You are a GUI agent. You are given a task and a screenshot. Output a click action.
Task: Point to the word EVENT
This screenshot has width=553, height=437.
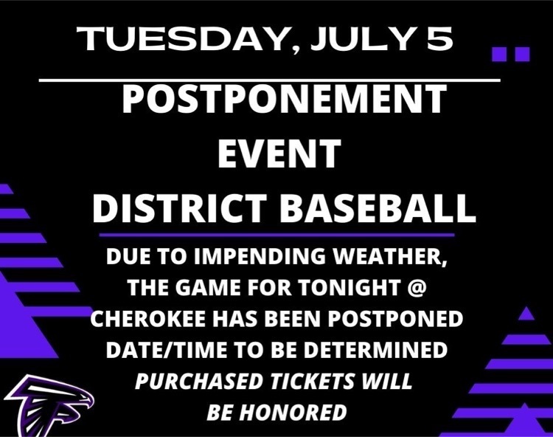coord(279,154)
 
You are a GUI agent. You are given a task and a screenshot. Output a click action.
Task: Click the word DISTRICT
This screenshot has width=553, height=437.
coord(179,208)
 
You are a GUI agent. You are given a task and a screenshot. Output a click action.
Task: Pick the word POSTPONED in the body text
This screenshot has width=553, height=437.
coord(395,319)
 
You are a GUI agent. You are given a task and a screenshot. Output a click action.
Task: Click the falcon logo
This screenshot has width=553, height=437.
coord(49,405)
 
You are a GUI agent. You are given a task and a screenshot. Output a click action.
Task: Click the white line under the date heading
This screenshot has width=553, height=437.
coord(269,80)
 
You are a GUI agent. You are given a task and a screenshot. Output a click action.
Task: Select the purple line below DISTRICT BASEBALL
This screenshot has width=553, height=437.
coord(276,235)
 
